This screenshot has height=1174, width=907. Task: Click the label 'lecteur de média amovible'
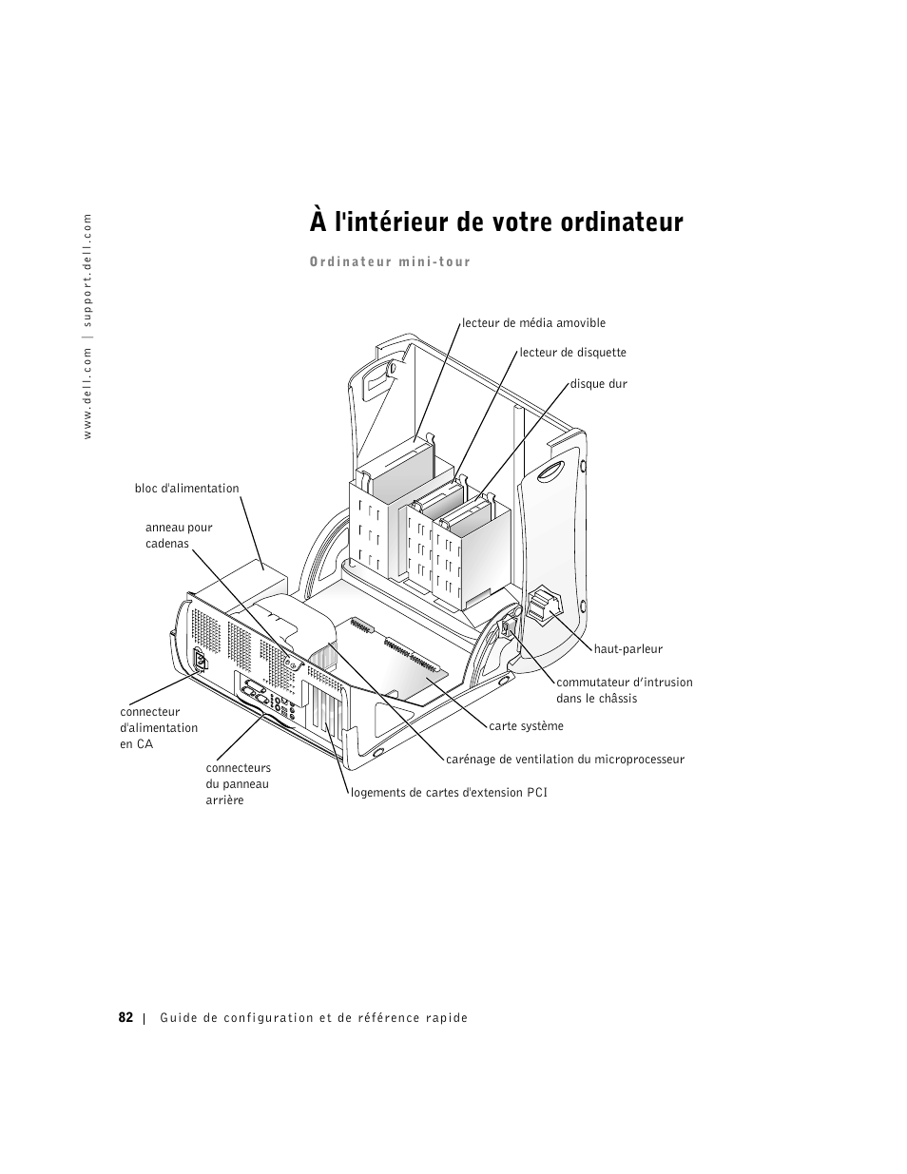point(533,323)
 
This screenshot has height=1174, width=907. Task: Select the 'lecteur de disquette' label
point(572,353)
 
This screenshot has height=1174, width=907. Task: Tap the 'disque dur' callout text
point(598,384)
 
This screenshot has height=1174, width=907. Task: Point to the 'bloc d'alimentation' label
point(187,489)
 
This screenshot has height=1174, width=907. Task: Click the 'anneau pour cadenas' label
point(179,535)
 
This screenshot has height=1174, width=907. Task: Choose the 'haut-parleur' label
point(627,649)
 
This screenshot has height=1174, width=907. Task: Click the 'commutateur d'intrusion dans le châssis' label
point(624,690)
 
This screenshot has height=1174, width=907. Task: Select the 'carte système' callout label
point(526,726)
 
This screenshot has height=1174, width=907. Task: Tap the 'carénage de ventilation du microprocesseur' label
point(565,760)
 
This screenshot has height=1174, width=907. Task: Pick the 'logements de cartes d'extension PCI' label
point(449,792)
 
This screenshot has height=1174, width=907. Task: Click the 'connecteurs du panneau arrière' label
point(238,783)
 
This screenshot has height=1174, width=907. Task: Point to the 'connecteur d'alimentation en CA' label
point(159,727)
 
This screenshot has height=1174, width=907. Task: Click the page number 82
point(125,1017)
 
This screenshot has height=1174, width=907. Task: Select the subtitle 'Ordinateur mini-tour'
point(390,262)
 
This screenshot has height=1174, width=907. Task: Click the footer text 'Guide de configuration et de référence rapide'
point(314,1018)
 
